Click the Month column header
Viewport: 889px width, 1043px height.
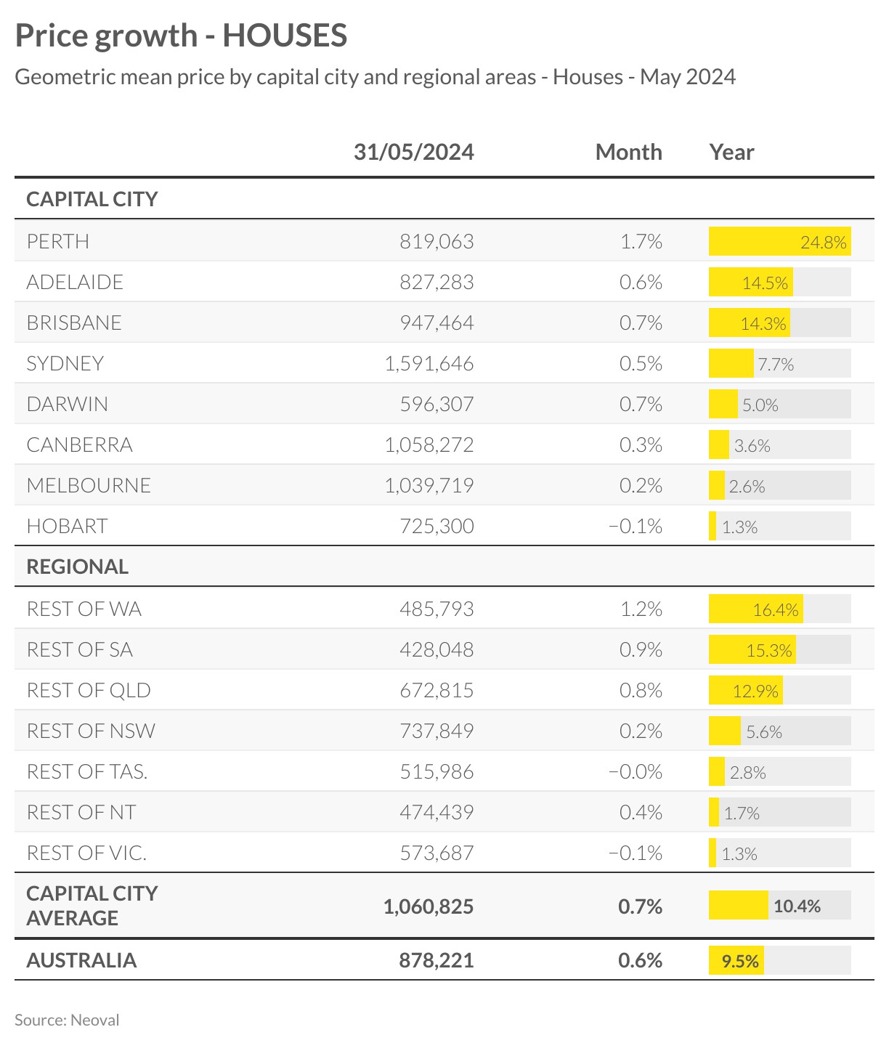coord(628,152)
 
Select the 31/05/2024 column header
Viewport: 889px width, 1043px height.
coord(414,152)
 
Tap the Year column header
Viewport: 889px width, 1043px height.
coord(731,152)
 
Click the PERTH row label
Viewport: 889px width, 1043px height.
coord(58,241)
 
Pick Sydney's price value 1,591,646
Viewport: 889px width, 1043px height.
coord(429,363)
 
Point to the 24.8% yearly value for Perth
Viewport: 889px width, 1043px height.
coord(824,242)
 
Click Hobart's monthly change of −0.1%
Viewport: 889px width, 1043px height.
coord(636,526)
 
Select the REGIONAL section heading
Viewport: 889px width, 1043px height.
coord(78,567)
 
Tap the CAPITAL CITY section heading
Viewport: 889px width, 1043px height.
coord(92,199)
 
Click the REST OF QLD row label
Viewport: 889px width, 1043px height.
coord(89,690)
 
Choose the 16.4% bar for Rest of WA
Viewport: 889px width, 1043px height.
coord(755,609)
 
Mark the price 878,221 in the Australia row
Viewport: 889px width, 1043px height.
coord(437,960)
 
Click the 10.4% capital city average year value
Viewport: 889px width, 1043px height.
coord(797,906)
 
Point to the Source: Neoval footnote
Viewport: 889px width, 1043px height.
coord(67,1020)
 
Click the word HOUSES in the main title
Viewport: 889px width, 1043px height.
coord(285,36)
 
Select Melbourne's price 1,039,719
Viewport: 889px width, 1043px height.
coord(429,485)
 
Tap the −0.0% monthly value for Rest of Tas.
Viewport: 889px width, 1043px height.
coord(636,771)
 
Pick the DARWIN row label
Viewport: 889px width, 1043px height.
coord(67,404)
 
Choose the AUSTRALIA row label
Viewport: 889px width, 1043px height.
coord(81,960)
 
